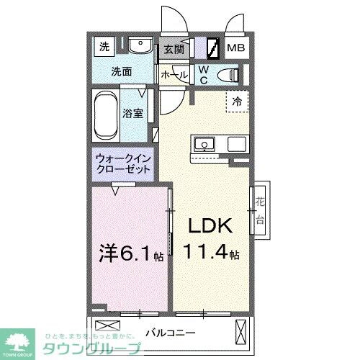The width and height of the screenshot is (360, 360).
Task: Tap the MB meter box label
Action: point(236,48)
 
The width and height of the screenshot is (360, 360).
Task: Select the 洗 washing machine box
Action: point(104,48)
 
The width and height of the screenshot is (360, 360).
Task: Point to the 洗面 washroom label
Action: point(121,72)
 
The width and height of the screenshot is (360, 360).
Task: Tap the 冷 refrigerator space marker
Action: point(235,102)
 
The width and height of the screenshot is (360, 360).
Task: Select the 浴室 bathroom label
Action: point(132,113)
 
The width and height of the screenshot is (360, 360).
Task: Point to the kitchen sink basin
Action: point(204,144)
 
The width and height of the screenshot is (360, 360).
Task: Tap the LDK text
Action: point(210,227)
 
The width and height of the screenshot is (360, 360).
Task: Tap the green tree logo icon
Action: point(21,341)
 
